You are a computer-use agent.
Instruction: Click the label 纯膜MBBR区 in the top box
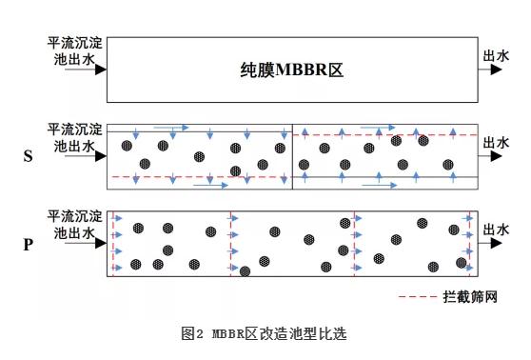point(290,70)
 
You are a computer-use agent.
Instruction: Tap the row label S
point(28,156)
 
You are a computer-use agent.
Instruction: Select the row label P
point(28,244)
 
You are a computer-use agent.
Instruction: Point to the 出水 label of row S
point(498,143)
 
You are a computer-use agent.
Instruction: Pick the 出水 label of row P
point(498,230)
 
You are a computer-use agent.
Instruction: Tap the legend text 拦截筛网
point(470,297)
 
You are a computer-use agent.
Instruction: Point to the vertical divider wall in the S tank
point(293,156)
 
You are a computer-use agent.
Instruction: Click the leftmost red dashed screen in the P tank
point(111,244)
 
